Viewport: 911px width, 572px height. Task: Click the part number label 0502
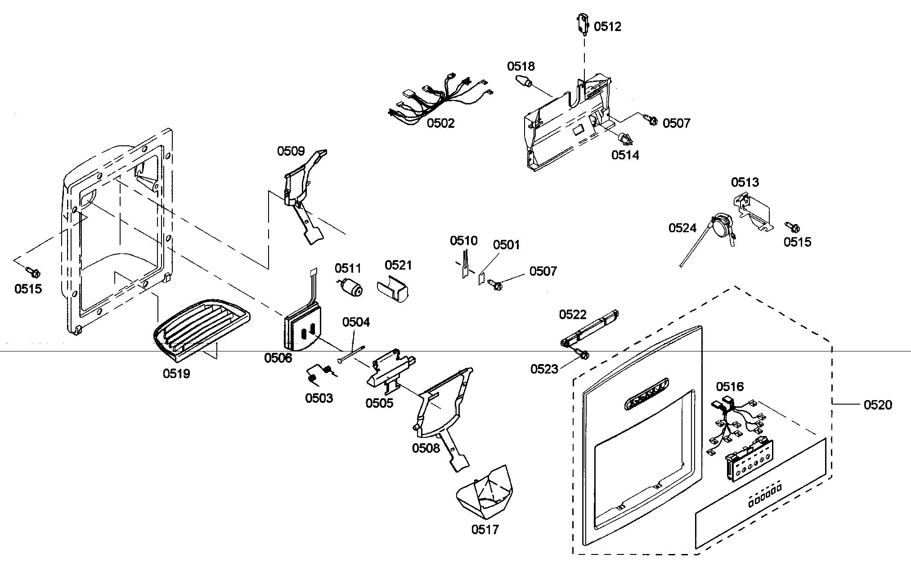point(440,123)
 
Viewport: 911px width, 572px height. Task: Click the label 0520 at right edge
point(877,405)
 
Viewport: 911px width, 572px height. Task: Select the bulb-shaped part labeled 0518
point(524,83)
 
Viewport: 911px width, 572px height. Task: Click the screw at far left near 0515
point(33,271)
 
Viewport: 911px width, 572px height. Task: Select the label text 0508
point(426,448)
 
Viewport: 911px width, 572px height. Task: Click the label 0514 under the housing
point(624,155)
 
